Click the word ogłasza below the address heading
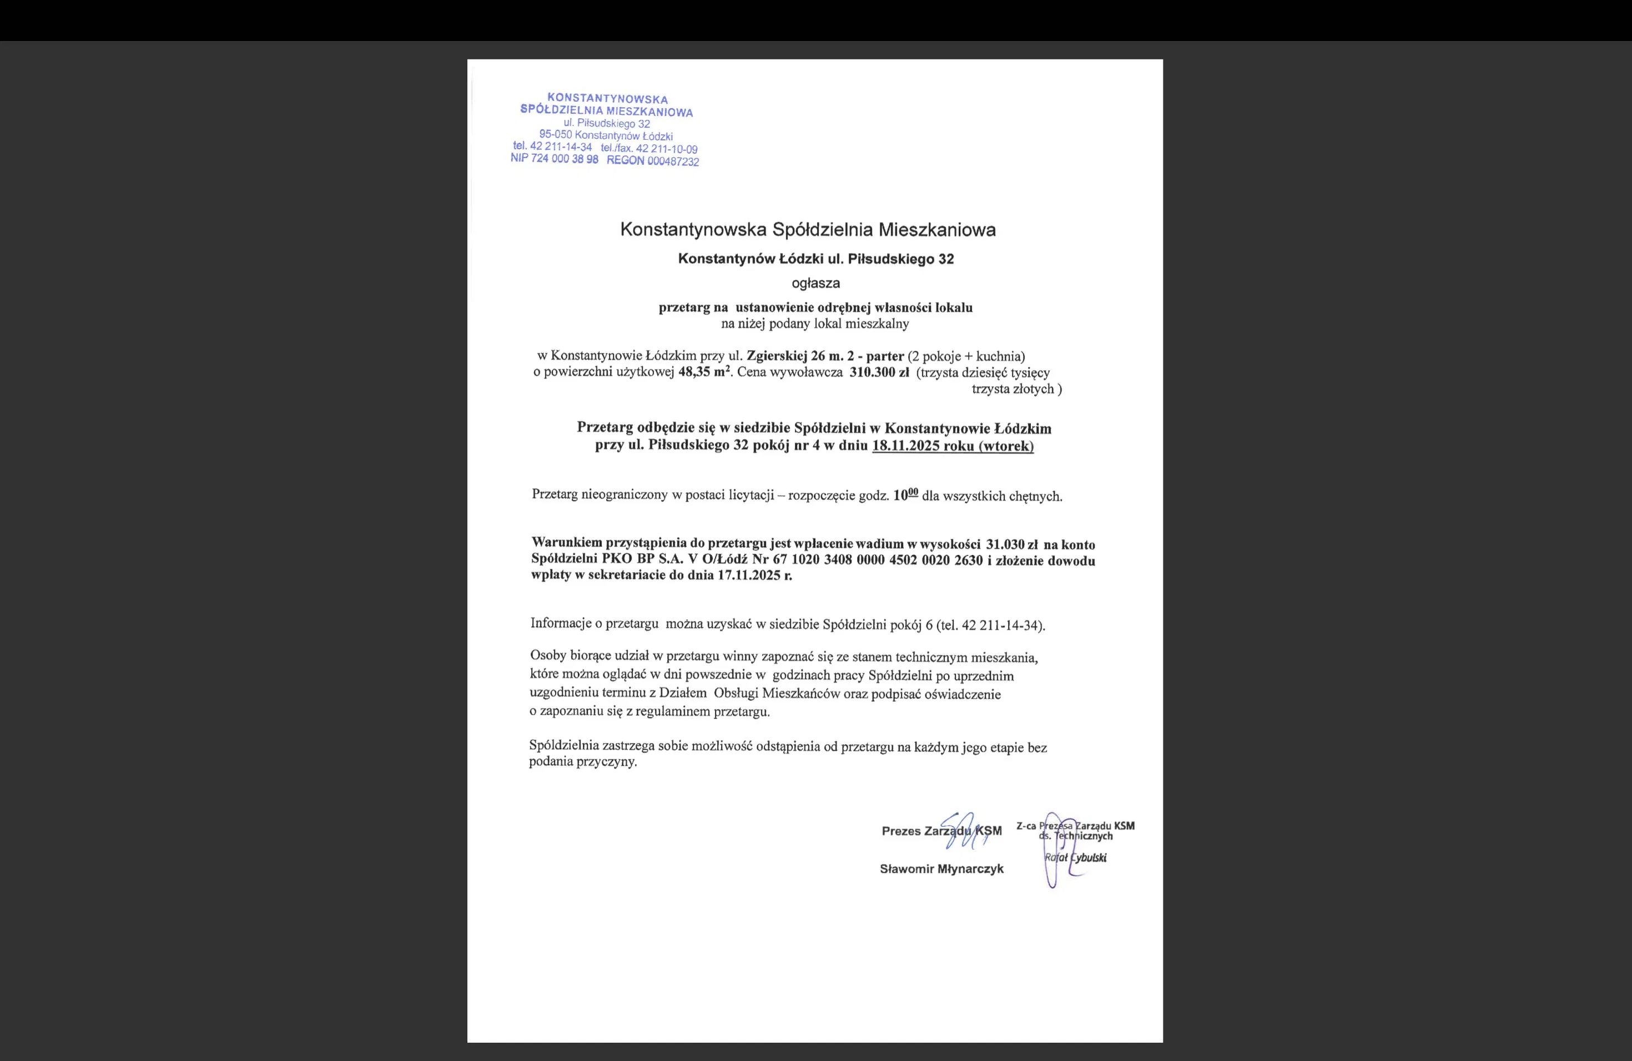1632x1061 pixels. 815,283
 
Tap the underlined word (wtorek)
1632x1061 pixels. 1005,446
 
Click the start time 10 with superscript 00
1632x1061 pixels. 905,495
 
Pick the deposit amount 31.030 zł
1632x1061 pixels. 1011,545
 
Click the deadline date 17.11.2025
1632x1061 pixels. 749,575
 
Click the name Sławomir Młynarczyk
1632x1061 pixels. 941,869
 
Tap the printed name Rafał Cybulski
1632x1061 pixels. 1075,857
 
